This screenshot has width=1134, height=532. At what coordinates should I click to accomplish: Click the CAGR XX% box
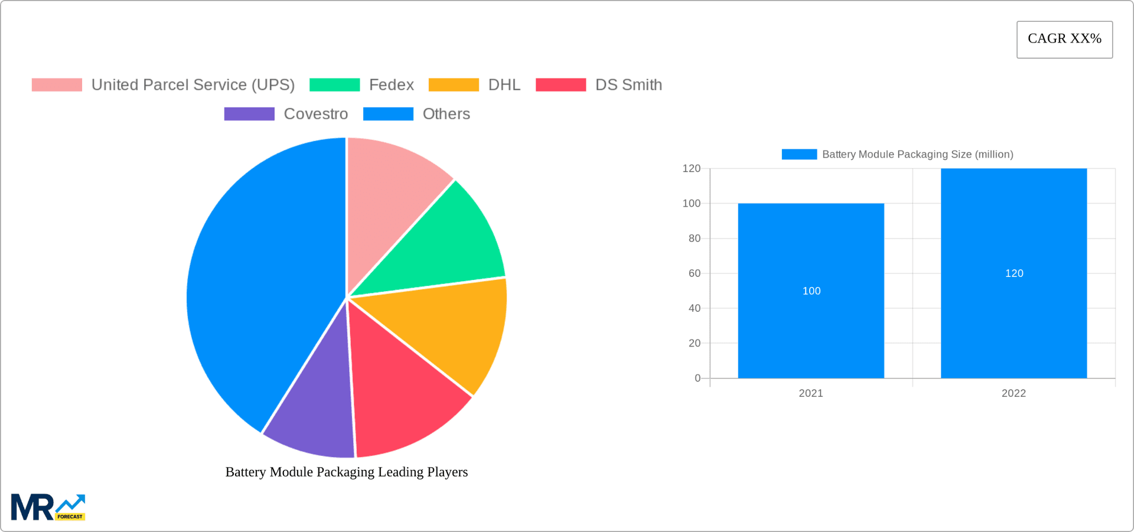pos(1064,40)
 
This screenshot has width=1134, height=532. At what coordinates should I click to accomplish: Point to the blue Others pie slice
pos(254,283)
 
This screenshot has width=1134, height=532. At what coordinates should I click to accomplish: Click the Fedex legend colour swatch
pos(334,85)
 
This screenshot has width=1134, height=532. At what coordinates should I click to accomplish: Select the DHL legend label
pos(504,85)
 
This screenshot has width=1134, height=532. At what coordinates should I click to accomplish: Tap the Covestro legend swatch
pos(249,114)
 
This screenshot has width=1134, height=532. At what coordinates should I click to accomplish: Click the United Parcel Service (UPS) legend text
pos(193,85)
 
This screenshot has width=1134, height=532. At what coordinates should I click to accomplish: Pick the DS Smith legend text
pos(628,85)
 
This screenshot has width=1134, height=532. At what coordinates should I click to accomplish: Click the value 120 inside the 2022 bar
pos(1014,273)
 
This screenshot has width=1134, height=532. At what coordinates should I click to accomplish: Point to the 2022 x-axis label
pos(1014,393)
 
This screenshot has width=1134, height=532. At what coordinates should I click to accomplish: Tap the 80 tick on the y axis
pos(694,239)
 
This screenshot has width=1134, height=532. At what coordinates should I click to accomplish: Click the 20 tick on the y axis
pos(694,343)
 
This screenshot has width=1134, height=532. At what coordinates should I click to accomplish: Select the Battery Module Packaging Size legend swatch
pos(799,154)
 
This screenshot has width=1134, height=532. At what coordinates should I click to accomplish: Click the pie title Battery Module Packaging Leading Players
pos(347,472)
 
